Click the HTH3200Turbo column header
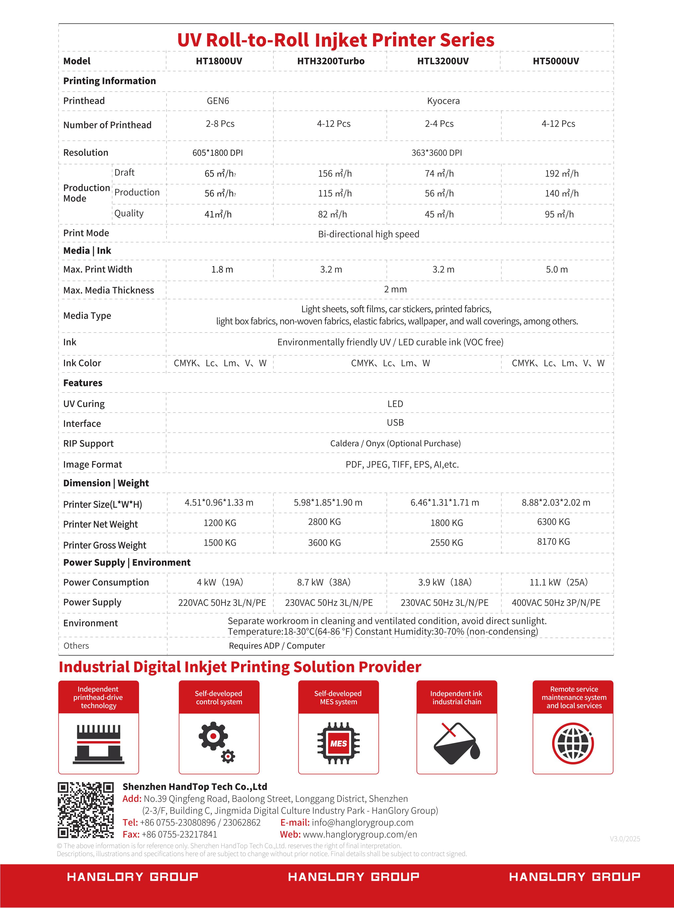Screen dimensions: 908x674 [330, 61]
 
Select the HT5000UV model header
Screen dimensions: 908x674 [556, 61]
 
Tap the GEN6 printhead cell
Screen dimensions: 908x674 [218, 101]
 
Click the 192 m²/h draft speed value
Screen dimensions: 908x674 [561, 173]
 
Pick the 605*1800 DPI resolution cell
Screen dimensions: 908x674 [218, 153]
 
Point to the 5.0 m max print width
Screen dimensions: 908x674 [556, 269]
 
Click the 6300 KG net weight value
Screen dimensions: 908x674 [553, 522]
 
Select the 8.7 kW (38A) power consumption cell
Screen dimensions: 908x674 [324, 582]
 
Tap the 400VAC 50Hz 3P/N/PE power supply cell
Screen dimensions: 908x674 [556, 603]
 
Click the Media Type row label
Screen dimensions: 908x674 [87, 315]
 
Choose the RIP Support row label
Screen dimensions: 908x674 [88, 444]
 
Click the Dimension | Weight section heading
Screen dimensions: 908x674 [106, 483]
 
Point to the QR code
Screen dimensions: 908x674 [85, 810]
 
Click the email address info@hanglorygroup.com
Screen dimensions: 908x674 [362, 822]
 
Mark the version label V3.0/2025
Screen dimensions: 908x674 [625, 839]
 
